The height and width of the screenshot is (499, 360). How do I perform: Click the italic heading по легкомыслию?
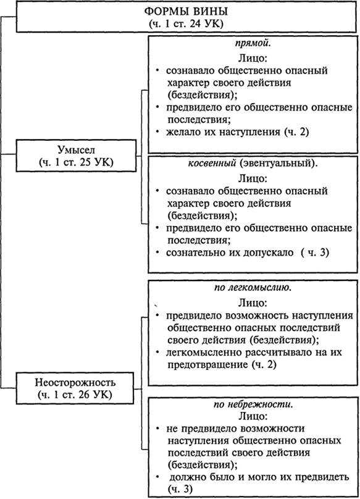pyautogui.click(x=251, y=287)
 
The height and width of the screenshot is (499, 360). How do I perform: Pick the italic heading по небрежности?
pyautogui.click(x=251, y=405)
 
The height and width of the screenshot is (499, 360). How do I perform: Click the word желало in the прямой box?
pyautogui.click(x=183, y=132)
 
